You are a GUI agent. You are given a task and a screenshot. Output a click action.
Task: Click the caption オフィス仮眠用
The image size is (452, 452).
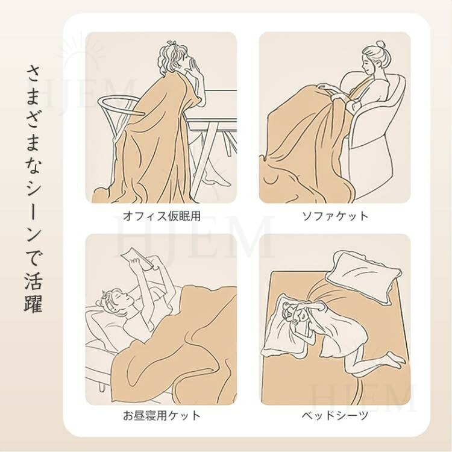pyautogui.click(x=162, y=216)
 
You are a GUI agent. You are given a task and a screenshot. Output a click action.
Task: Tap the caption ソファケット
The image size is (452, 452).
pyautogui.click(x=335, y=216)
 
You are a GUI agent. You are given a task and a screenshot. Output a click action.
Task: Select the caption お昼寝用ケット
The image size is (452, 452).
pyautogui.click(x=162, y=415)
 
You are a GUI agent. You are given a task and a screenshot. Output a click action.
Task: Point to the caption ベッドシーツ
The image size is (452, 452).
pyautogui.click(x=335, y=415)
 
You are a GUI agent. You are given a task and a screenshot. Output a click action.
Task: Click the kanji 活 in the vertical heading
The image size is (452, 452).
pyautogui.click(x=33, y=279)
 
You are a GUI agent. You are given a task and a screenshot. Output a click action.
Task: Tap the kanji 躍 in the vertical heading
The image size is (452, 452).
pyautogui.click(x=33, y=303)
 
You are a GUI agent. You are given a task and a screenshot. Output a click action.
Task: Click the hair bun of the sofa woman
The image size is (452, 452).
pyautogui.click(x=380, y=45)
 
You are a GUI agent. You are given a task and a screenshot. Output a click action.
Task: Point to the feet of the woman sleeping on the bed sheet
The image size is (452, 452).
pyautogui.click(x=395, y=359)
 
